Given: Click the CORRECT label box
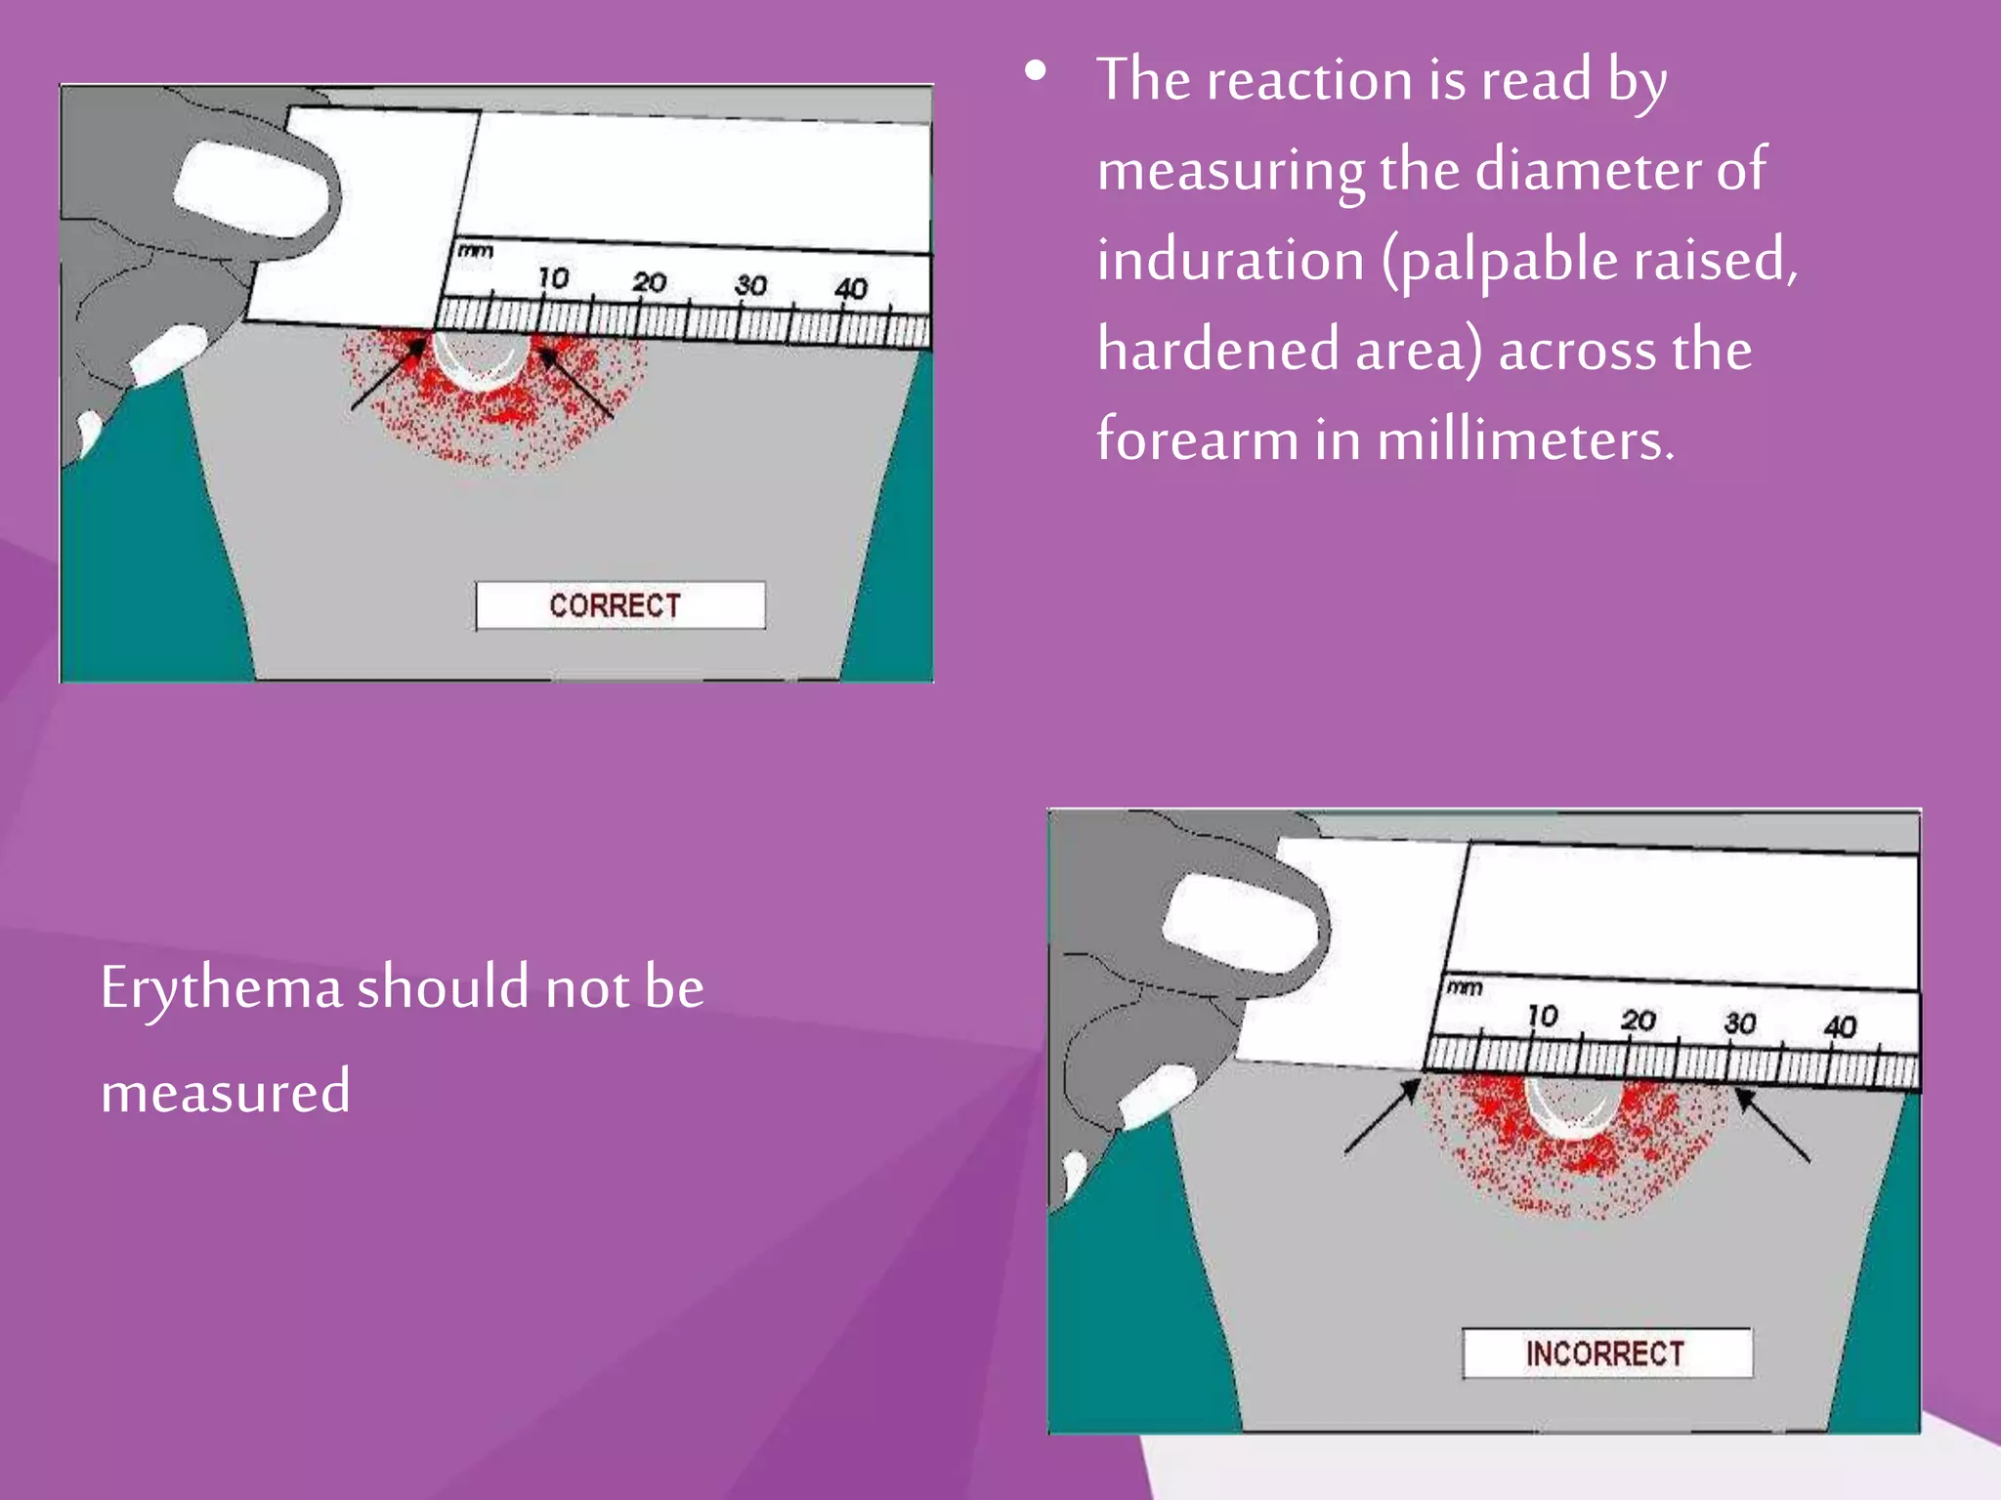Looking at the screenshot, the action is [x=619, y=605].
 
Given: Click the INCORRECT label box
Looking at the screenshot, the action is [x=1606, y=1354].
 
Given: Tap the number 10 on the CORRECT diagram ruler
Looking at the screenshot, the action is [x=553, y=278].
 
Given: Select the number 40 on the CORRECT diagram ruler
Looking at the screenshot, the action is [x=851, y=288].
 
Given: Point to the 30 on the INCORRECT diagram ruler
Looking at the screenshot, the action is [x=1739, y=1023].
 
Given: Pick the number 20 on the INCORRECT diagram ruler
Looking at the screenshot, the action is [x=1639, y=1021].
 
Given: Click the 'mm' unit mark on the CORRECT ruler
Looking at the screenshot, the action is [x=476, y=251].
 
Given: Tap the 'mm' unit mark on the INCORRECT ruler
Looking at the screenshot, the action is [x=1464, y=988].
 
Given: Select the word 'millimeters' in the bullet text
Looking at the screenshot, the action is [x=1524, y=440].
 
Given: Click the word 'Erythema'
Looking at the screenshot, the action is [x=221, y=988].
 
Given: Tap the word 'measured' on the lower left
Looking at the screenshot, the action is [x=226, y=1092].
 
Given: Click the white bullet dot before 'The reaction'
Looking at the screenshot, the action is [x=1036, y=70].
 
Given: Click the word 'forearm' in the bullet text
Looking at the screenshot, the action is [x=1196, y=440].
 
